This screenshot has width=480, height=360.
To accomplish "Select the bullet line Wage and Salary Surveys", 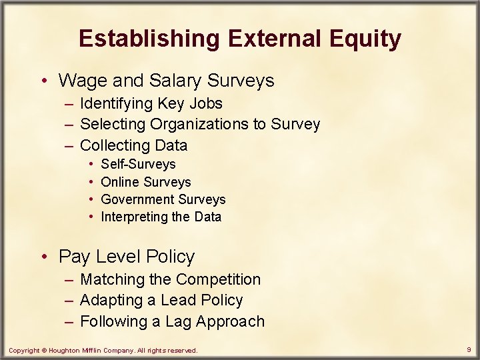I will (166, 81).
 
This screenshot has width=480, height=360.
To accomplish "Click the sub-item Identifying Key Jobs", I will (151, 103).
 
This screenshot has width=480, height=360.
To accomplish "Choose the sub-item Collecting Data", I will (133, 145).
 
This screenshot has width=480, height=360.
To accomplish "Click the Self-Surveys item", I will (138, 164).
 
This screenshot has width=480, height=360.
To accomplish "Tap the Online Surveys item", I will (145, 182).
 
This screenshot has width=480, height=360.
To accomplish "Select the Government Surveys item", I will (163, 199).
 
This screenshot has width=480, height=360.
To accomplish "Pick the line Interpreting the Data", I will (161, 217).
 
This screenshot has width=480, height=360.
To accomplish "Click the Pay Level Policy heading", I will (127, 257).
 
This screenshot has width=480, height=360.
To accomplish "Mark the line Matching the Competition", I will (170, 279).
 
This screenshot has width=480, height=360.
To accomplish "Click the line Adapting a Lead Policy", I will (161, 300).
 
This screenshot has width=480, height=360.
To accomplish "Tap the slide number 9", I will (469, 349).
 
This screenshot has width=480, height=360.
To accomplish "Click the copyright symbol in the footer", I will (45, 350).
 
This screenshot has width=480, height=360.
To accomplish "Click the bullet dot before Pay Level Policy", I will (44, 257).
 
